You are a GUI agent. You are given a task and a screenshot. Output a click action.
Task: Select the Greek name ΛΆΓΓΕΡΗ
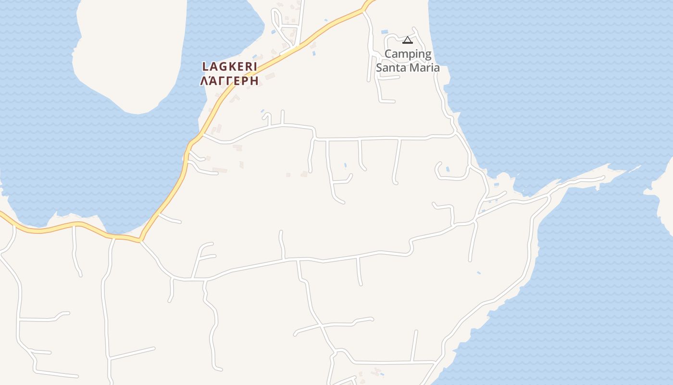tap(229, 80)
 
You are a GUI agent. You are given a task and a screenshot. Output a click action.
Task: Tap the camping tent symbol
tap(408, 40)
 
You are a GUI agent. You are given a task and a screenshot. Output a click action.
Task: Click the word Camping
tap(408, 54)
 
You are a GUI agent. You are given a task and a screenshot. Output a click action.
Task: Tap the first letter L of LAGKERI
tap(205, 66)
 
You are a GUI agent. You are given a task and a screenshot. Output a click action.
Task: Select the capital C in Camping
tap(388, 54)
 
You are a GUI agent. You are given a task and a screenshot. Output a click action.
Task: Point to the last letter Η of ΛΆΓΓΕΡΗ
tap(254, 80)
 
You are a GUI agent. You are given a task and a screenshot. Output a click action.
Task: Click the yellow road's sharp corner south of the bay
tap(140, 239)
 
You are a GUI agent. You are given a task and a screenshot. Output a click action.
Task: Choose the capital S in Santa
tap(379, 67)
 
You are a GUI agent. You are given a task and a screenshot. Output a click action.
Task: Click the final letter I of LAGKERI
tap(255, 66)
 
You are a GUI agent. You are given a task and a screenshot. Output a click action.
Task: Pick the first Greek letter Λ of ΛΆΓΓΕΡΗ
tap(204, 80)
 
